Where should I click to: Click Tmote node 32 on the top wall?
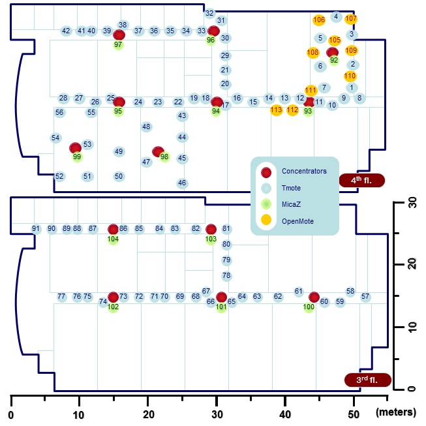[x=209, y=13]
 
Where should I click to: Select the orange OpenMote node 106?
[x=318, y=20]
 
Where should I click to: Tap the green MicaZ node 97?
[x=118, y=45]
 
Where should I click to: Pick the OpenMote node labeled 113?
[x=276, y=110]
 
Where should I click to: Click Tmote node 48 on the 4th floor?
[x=146, y=127]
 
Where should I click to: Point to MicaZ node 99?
[x=78, y=157]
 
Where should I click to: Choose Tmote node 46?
[x=182, y=183]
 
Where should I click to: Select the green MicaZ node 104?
[x=113, y=239]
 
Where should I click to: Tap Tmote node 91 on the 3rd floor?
[x=36, y=228]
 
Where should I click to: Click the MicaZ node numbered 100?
[x=309, y=307]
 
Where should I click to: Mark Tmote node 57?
[x=365, y=297]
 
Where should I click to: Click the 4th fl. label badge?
[x=363, y=180]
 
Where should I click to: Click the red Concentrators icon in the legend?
[x=266, y=172]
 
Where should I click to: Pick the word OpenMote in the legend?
[x=297, y=222]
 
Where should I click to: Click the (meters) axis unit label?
[x=395, y=412]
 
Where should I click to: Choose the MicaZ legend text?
[x=291, y=205]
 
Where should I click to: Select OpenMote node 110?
[x=350, y=76]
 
